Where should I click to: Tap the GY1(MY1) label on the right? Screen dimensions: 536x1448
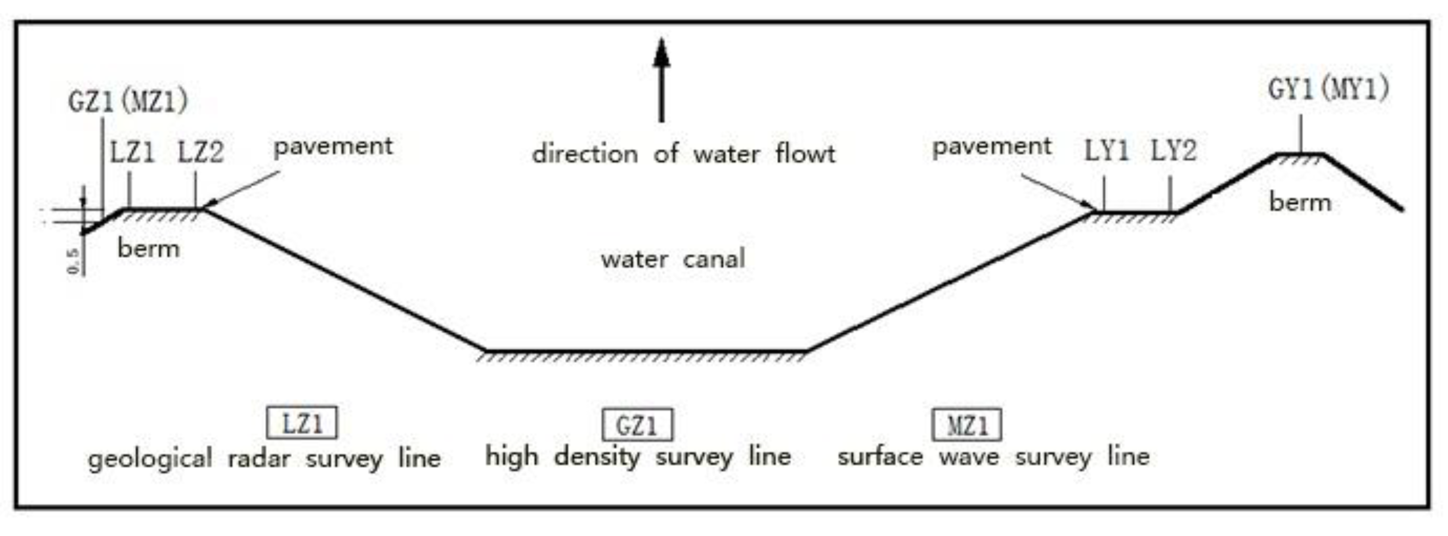pos(1328,89)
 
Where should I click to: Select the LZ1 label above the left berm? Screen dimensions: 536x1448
pos(132,153)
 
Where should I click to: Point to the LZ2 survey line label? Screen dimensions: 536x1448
pos(201,153)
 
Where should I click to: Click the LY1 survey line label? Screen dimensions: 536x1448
pos(1105,151)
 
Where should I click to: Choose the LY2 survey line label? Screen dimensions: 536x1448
pos(1173,151)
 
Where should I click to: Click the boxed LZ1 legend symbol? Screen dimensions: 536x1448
pos(302,423)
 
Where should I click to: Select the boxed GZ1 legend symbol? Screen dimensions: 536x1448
pos(637,425)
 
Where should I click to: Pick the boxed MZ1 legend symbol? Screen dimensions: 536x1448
pos(966,425)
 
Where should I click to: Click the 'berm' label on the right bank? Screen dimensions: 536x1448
pos(1299,203)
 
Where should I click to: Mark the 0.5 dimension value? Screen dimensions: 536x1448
pos(74,261)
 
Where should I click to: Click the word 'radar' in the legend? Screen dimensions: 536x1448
pos(259,459)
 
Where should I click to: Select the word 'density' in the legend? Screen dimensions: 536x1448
pos(596,456)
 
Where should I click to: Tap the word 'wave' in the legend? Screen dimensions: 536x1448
pos(969,456)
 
